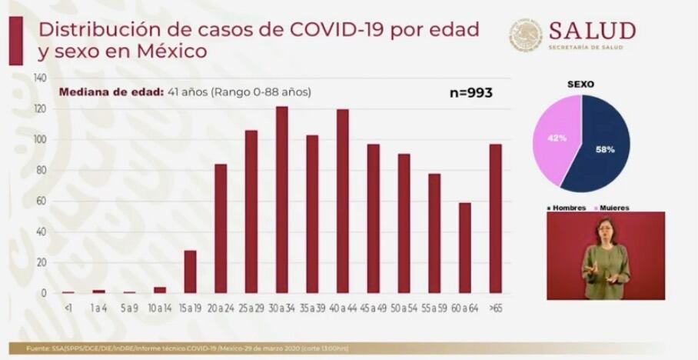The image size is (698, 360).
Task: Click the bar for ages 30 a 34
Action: click(x=281, y=200)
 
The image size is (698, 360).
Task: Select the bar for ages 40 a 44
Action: click(x=342, y=201)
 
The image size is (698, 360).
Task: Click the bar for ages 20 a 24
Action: click(x=221, y=228)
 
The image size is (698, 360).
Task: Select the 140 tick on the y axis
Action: click(x=40, y=78)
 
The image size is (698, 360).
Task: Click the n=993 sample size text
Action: click(x=470, y=93)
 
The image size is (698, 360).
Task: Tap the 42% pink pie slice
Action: click(x=557, y=138)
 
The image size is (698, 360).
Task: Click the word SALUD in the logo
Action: click(x=591, y=31)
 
